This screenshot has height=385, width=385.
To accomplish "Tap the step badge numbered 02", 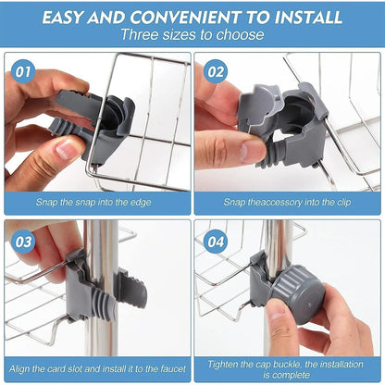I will pyautogui.click(x=216, y=71).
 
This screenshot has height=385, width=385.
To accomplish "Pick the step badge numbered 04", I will pyautogui.click(x=216, y=242).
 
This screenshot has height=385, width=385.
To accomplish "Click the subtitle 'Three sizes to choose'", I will pyautogui.click(x=192, y=36).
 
